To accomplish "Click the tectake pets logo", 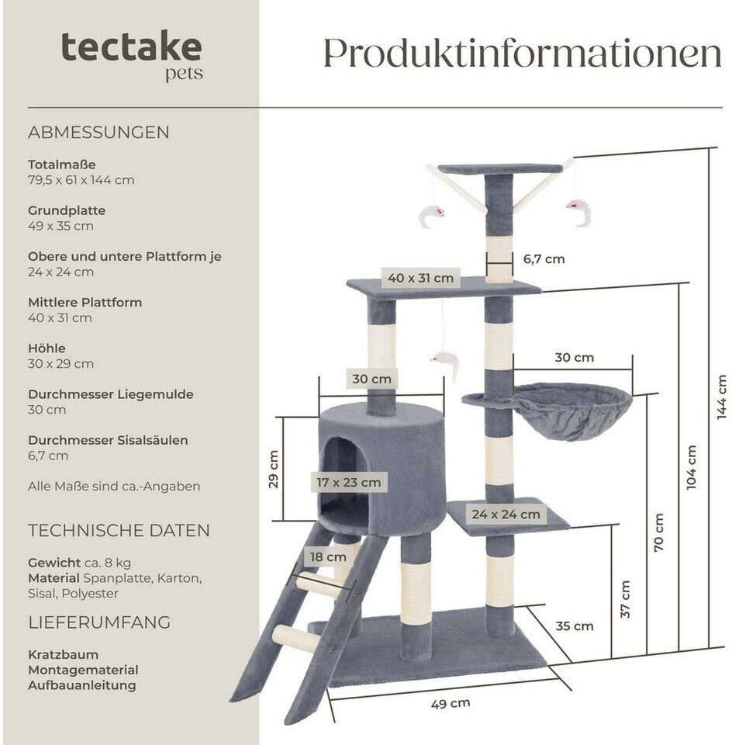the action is tap(132, 54).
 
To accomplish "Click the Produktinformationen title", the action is tap(522, 53).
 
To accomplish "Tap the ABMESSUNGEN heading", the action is tap(98, 132).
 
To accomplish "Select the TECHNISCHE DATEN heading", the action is tap(119, 531).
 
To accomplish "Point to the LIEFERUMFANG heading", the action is tap(99, 622).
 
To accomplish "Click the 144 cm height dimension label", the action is tap(722, 397).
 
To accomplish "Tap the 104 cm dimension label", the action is tap(691, 466).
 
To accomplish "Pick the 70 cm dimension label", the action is tap(659, 532).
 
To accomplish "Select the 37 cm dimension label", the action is tap(625, 600).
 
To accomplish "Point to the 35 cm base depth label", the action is tap(574, 625).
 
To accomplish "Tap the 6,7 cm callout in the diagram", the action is tap(544, 259).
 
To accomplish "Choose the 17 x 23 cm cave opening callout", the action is tap(348, 483).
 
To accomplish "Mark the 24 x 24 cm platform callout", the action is tap(506, 514).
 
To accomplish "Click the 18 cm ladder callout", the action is tap(327, 556).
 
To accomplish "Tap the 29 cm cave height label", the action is tap(273, 469).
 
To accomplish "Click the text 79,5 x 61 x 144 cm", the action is tap(81, 180).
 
